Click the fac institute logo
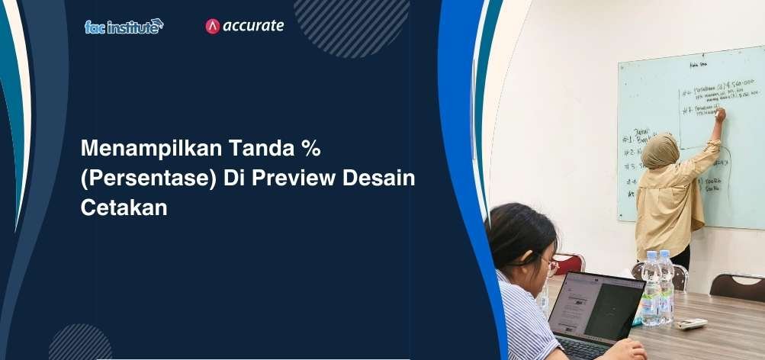124,26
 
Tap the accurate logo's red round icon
213,26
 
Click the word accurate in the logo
253,26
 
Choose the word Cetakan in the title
123,207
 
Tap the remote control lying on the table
692,323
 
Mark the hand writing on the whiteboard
719,114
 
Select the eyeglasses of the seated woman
549,265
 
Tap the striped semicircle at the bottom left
80,344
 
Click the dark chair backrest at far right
736,285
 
